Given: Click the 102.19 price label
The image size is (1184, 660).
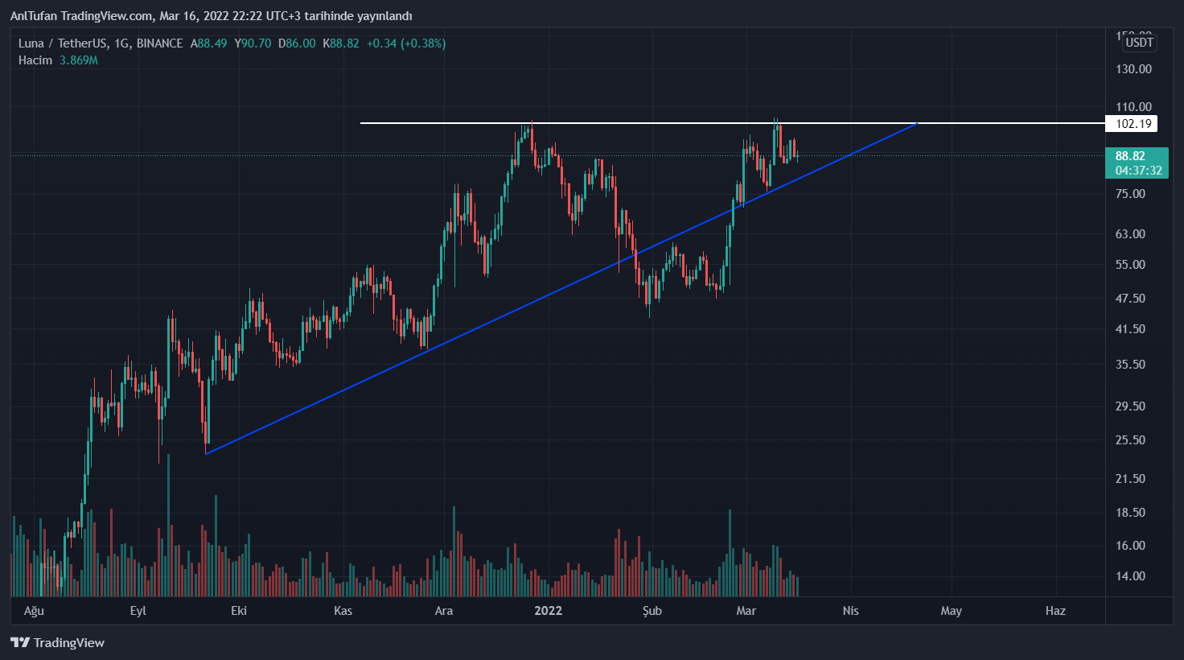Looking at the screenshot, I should [1133, 124].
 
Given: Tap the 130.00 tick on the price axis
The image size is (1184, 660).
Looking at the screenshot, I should [1133, 69].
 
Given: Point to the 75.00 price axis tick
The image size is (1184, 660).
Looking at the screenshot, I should [1130, 194].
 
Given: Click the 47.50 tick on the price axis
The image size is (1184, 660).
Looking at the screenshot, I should [1130, 299].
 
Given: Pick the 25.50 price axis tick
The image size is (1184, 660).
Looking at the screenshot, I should [1130, 440].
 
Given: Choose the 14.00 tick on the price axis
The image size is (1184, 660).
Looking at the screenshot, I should [1130, 576].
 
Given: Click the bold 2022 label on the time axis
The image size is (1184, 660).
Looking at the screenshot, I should [548, 611].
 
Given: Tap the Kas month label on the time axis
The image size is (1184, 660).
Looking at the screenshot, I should [343, 611].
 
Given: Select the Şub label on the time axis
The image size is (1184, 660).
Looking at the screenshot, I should [652, 611].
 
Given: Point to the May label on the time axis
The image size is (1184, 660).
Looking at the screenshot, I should [952, 611].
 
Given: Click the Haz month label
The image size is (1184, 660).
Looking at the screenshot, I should [1055, 611].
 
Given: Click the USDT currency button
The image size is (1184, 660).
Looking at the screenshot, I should [1139, 43].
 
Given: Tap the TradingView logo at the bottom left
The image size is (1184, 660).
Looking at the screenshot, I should [58, 642].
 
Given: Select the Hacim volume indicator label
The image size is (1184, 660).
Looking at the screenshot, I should [35, 60].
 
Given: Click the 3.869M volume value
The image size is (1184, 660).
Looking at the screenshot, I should [79, 60].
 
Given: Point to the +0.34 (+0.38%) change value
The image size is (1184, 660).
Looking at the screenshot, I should [406, 43].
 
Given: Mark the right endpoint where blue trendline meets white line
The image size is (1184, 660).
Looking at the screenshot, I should [918, 123].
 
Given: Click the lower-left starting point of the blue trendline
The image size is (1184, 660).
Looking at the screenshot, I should [206, 454].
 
